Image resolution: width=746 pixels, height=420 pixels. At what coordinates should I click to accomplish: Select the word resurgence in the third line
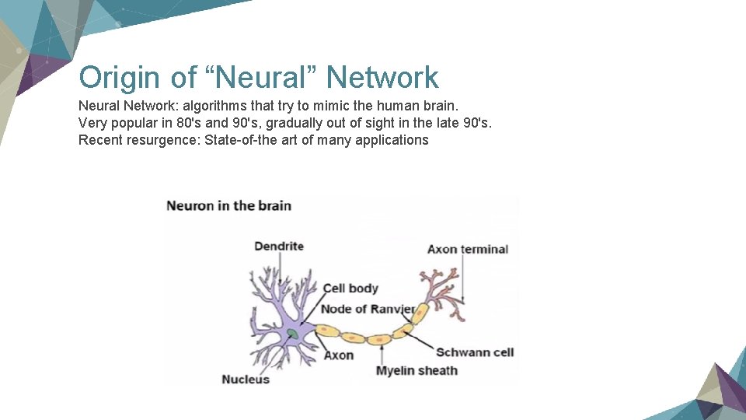(159, 140)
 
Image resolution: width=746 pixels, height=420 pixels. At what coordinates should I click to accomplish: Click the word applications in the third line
(392, 140)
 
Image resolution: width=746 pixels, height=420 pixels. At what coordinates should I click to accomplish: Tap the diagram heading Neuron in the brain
(229, 206)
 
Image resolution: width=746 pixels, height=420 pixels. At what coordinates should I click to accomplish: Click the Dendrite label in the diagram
(279, 247)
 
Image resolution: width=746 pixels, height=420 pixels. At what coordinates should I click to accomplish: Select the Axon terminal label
(468, 250)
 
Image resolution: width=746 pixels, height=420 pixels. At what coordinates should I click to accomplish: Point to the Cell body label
(350, 289)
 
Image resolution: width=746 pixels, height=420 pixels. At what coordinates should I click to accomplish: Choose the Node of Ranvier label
(368, 309)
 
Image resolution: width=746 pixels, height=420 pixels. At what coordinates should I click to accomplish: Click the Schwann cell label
(475, 352)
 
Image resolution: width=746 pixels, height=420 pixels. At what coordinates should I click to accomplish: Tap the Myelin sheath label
(417, 370)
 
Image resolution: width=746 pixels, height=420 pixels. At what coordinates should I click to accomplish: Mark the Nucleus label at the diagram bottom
(246, 379)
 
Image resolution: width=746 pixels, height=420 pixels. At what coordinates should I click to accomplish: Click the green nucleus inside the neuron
(292, 334)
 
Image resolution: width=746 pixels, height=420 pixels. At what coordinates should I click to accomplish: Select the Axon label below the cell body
(338, 355)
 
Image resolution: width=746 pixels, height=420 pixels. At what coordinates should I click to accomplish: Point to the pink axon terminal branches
(439, 288)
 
